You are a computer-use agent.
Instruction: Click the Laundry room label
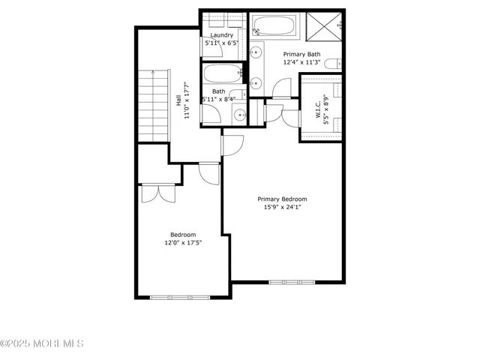(221, 35)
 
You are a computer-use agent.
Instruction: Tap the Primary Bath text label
(302, 54)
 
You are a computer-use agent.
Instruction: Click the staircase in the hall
(151, 104)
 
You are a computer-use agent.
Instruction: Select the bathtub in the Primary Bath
(273, 27)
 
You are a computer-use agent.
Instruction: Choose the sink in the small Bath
(238, 115)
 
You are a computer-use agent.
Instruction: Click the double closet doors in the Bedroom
(158, 192)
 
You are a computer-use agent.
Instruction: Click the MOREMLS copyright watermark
(42, 343)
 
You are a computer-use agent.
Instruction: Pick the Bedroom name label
(183, 235)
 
